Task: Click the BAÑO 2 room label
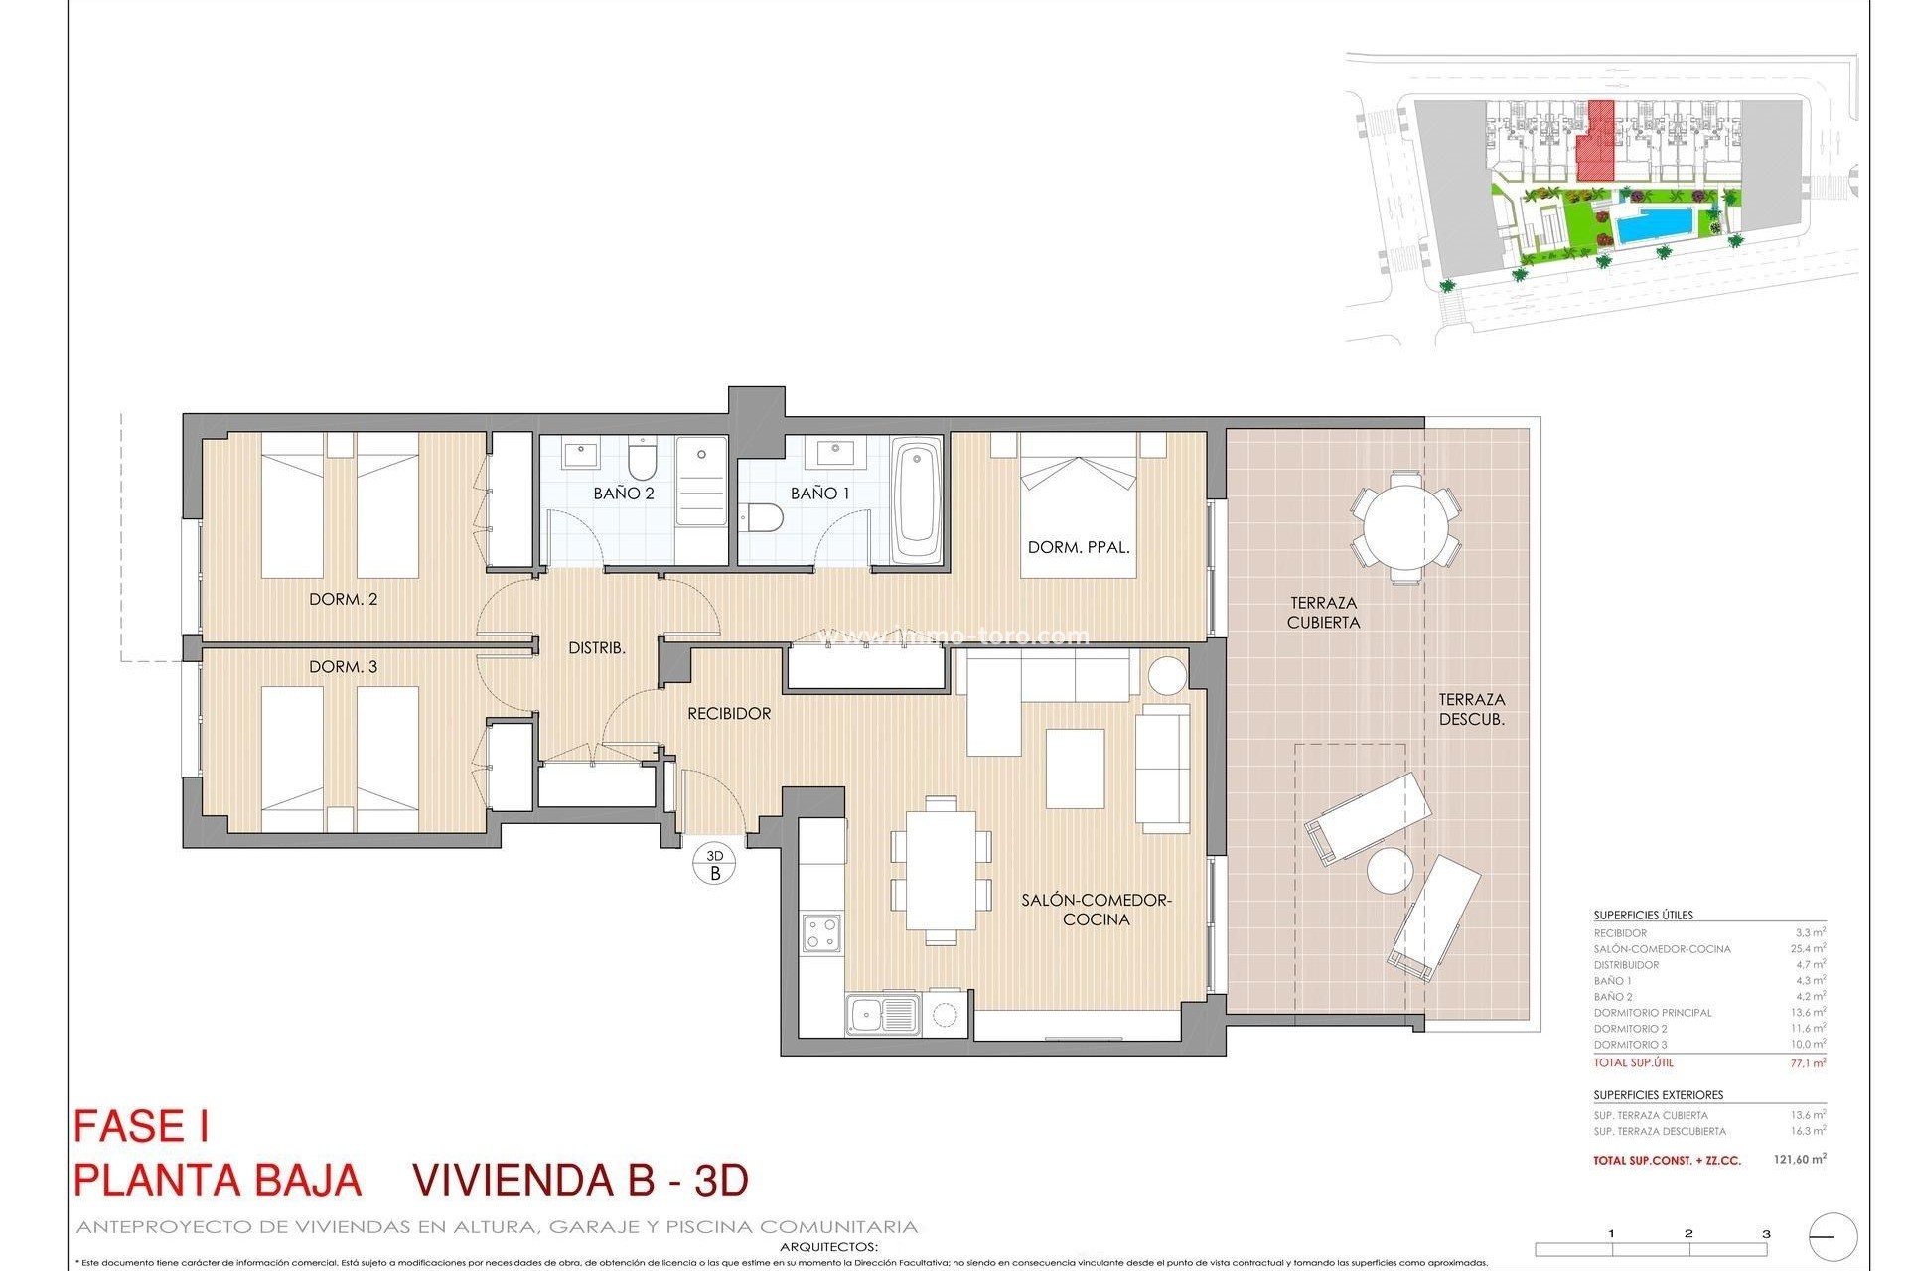pos(623,493)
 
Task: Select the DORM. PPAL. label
pos(1079,547)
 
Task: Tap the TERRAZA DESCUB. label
pos(1471,709)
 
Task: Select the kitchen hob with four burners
pos(821,932)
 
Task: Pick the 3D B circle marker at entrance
pos(715,864)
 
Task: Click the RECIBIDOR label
pos(729,713)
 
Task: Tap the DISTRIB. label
pos(596,648)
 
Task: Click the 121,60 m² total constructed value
pos(1799,1159)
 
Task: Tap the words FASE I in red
pos(141,1127)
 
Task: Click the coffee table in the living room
pos(1075,768)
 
